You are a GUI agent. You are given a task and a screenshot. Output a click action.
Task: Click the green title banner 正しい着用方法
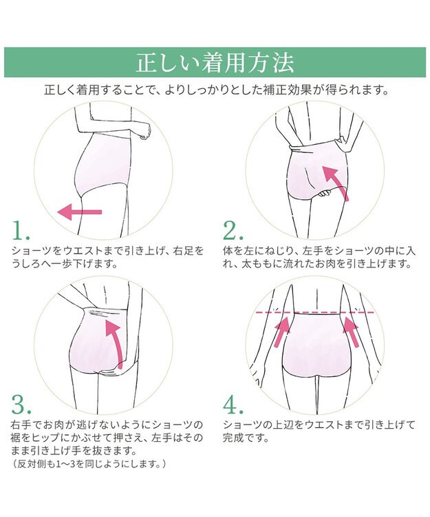pos(215,62)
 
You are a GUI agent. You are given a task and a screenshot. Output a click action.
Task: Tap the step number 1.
pos(21,230)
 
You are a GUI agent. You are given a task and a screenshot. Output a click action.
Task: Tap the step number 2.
pos(233,230)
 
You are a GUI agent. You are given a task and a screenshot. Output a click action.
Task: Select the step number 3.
pos(22,404)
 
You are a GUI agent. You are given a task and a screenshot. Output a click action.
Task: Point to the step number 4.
pos(233,404)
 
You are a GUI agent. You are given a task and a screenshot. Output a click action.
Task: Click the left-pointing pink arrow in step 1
pos(79,212)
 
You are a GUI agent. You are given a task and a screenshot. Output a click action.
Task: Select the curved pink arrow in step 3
pos(114,343)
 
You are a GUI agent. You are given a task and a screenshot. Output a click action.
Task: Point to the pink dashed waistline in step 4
pos(315,312)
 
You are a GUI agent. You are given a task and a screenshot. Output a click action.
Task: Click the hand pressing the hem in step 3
pos(111,372)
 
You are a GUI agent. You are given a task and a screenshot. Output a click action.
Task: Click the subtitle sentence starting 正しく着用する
pos(217,90)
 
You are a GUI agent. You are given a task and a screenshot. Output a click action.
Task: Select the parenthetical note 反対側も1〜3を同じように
pos(89,464)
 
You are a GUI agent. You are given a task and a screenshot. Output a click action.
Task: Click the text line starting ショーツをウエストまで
pos(108,251)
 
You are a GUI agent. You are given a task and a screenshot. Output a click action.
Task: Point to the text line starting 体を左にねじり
pos(319,251)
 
